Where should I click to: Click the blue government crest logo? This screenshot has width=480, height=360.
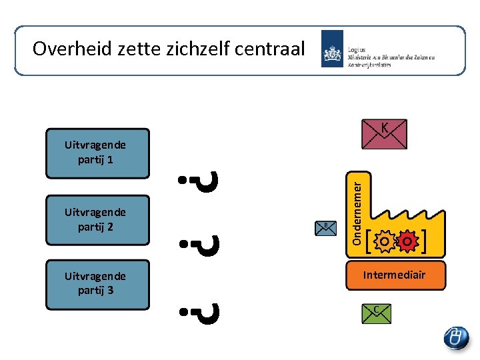[332, 49]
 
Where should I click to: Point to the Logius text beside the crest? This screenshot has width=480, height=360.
[357, 49]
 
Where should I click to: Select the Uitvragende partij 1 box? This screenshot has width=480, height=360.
[97, 153]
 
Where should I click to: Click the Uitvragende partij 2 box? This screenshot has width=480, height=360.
[97, 220]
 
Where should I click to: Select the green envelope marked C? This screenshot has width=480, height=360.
[376, 313]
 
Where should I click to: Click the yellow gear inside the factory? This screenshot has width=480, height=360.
[385, 241]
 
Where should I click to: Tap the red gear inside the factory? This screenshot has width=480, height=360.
[406, 241]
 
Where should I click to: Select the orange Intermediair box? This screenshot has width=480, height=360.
[395, 275]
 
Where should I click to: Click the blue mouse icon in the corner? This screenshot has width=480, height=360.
[457, 337]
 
